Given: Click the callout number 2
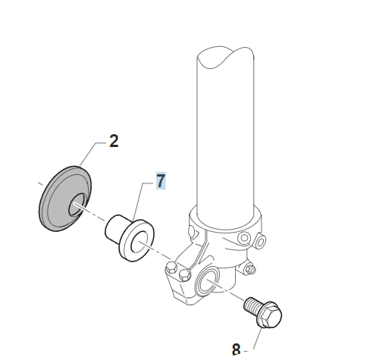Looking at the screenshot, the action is (x=114, y=141).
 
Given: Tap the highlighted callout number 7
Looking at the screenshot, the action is (x=161, y=180).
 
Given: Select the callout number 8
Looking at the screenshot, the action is (x=236, y=349).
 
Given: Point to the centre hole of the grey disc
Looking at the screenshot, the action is (x=77, y=205).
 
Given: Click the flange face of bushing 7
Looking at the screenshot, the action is (x=137, y=241).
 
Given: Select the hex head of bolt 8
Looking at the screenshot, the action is (x=270, y=315).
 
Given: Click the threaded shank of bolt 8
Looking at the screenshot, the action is (x=252, y=305).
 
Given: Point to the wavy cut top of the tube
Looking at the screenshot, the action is (x=225, y=57).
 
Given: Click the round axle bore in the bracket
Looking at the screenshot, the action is (x=207, y=280).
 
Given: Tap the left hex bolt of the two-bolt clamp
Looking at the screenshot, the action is (x=171, y=268).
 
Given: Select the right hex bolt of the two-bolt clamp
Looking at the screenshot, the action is (x=184, y=274).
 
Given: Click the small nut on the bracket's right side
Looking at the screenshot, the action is (x=251, y=269).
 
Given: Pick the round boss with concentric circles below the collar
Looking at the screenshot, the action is (x=244, y=238).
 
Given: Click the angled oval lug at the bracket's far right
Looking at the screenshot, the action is (x=260, y=241).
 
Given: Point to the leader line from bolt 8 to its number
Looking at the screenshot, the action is (x=255, y=340).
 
